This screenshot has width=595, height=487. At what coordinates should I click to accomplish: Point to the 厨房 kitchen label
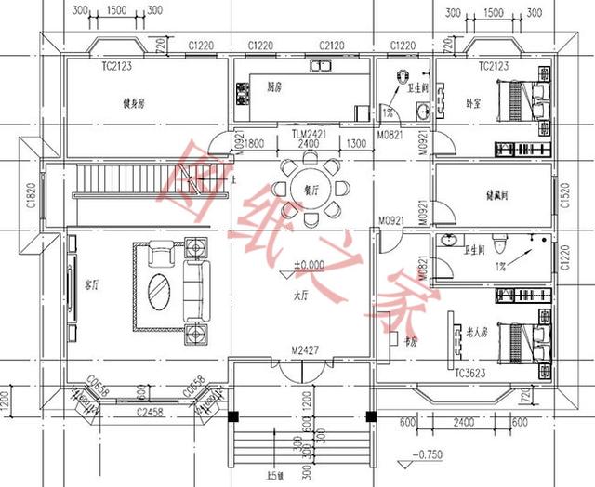tap(274, 87)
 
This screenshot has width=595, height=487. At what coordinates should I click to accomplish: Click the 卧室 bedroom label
tap(473, 103)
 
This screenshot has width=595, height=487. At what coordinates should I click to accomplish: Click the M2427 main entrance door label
tap(304, 350)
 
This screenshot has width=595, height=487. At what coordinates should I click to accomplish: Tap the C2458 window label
tap(151, 410)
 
